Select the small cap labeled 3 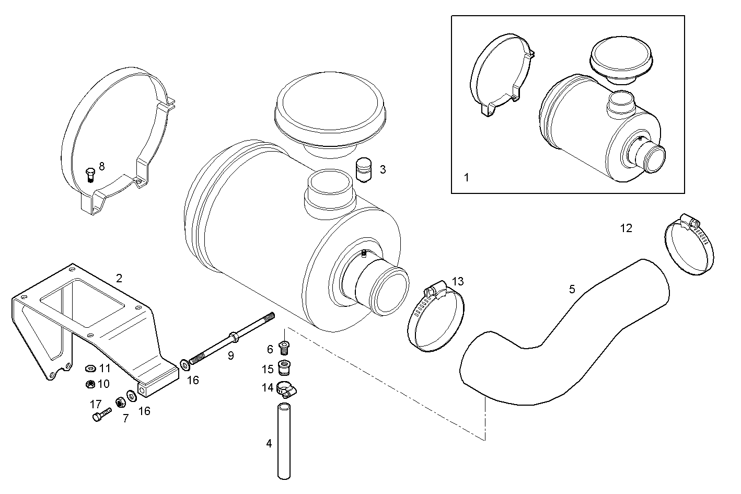click(x=363, y=170)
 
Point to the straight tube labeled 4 click(x=283, y=440)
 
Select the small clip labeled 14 click(x=286, y=389)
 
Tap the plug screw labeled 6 click(x=284, y=346)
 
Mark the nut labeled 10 click(x=90, y=384)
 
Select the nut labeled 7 click(x=120, y=403)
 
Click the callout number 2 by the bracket click(x=119, y=278)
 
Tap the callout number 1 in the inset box click(x=466, y=177)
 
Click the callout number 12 click(x=626, y=228)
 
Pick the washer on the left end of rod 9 click(x=185, y=363)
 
